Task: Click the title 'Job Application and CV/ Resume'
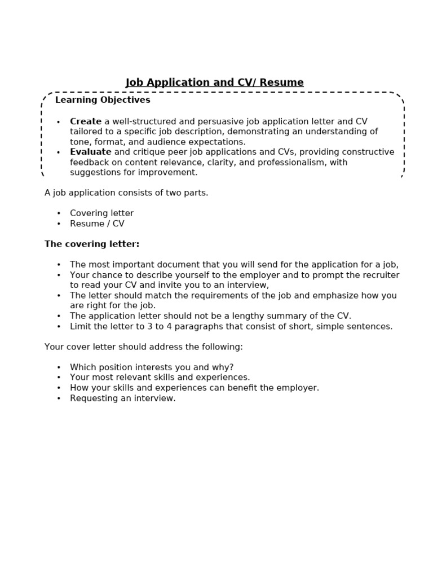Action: point(214,83)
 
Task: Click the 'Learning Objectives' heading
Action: point(103,100)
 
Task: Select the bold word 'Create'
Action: point(86,121)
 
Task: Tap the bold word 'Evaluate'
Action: point(90,152)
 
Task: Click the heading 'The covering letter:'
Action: point(92,244)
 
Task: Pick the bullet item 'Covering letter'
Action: point(101,213)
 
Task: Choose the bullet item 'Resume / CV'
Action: point(97,224)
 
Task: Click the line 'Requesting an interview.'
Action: point(122,398)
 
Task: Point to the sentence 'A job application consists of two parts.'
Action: point(126,193)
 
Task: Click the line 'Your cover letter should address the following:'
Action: point(143,347)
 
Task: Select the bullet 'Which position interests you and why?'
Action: point(151,367)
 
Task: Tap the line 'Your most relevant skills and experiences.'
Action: point(160,378)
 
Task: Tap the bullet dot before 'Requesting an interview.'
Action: point(59,399)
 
